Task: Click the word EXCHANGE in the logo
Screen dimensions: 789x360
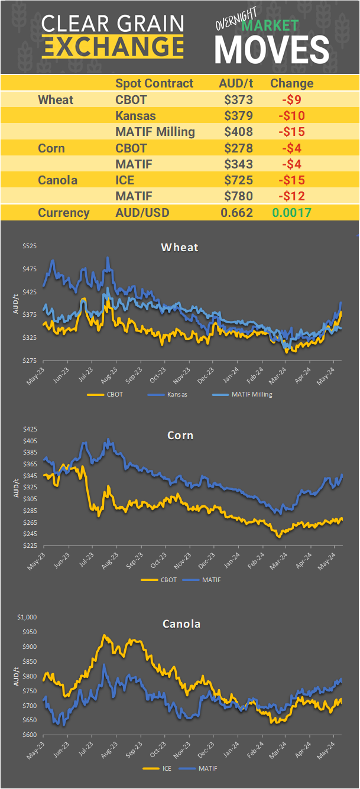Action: pos(112,46)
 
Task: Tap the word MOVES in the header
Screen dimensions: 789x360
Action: pos(271,50)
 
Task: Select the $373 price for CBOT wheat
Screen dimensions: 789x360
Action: pos(238,99)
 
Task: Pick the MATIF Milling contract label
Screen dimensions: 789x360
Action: pos(154,131)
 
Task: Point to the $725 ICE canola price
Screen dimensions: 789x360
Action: pos(238,180)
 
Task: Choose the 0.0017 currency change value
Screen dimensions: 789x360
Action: pos(292,213)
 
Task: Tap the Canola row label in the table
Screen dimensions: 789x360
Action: pos(57,180)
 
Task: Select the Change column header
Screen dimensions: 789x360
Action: pos(291,83)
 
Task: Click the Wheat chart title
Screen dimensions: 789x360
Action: pos(179,247)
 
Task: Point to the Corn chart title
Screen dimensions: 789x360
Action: pos(180,436)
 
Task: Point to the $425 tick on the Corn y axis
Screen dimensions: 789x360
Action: pos(28,429)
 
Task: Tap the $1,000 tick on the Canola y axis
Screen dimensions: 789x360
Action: pos(25,617)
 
